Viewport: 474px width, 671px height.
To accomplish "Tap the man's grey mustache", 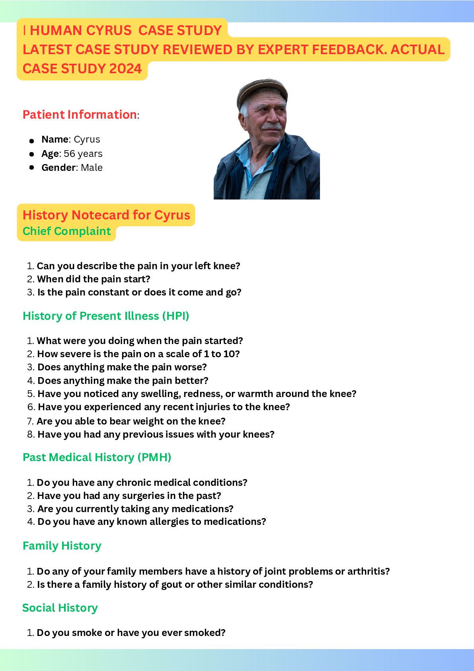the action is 271,126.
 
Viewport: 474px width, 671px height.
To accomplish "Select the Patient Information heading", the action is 80,114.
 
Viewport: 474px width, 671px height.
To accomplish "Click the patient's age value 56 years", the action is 83,153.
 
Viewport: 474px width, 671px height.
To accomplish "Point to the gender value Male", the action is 92,167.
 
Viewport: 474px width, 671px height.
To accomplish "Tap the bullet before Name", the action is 31,141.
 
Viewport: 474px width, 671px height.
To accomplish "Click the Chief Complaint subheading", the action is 67,231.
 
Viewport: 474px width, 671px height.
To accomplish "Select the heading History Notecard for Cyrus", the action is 106,215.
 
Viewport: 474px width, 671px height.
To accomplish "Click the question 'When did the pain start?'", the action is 94,279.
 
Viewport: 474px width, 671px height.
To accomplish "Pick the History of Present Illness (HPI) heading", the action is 106,316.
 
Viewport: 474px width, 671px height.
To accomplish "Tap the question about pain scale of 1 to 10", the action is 138,354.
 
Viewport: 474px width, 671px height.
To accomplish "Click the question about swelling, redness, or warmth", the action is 197,393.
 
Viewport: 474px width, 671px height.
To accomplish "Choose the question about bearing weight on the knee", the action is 131,421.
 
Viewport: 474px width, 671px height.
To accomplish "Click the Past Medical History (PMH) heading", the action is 97,458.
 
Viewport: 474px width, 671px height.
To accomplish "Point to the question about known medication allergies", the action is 152,522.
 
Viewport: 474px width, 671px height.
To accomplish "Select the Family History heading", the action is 62,546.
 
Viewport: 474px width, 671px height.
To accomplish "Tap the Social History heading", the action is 60,608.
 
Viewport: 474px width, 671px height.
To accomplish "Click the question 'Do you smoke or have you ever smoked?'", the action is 131,633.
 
